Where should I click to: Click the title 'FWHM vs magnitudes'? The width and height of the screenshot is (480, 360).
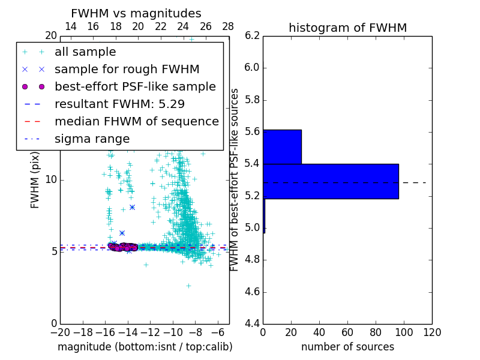coord(136,13)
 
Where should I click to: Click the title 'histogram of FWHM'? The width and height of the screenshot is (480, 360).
coord(347,28)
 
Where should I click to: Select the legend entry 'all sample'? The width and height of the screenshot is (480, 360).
coord(85,52)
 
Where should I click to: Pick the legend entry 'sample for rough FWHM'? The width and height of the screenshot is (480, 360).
coord(127,70)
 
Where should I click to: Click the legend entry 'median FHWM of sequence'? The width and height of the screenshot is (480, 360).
coord(136,121)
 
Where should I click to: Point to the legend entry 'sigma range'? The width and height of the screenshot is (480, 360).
coord(92,139)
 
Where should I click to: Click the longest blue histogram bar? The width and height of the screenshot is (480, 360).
coord(331,181)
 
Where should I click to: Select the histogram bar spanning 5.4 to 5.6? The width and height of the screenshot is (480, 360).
coord(282,146)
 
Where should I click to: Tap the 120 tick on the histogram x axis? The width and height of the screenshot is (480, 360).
coord(432,332)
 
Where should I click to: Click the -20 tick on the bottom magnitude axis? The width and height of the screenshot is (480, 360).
coord(60,332)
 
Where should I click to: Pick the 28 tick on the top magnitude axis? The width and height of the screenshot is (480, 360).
coord(228,26)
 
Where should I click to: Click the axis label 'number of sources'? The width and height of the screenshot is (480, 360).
coord(347,347)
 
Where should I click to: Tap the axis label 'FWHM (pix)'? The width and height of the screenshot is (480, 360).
coord(35,179)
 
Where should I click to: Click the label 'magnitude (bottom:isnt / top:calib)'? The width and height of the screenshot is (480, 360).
coord(145,347)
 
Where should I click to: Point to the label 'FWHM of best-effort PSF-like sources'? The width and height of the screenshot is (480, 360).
coord(235,179)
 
